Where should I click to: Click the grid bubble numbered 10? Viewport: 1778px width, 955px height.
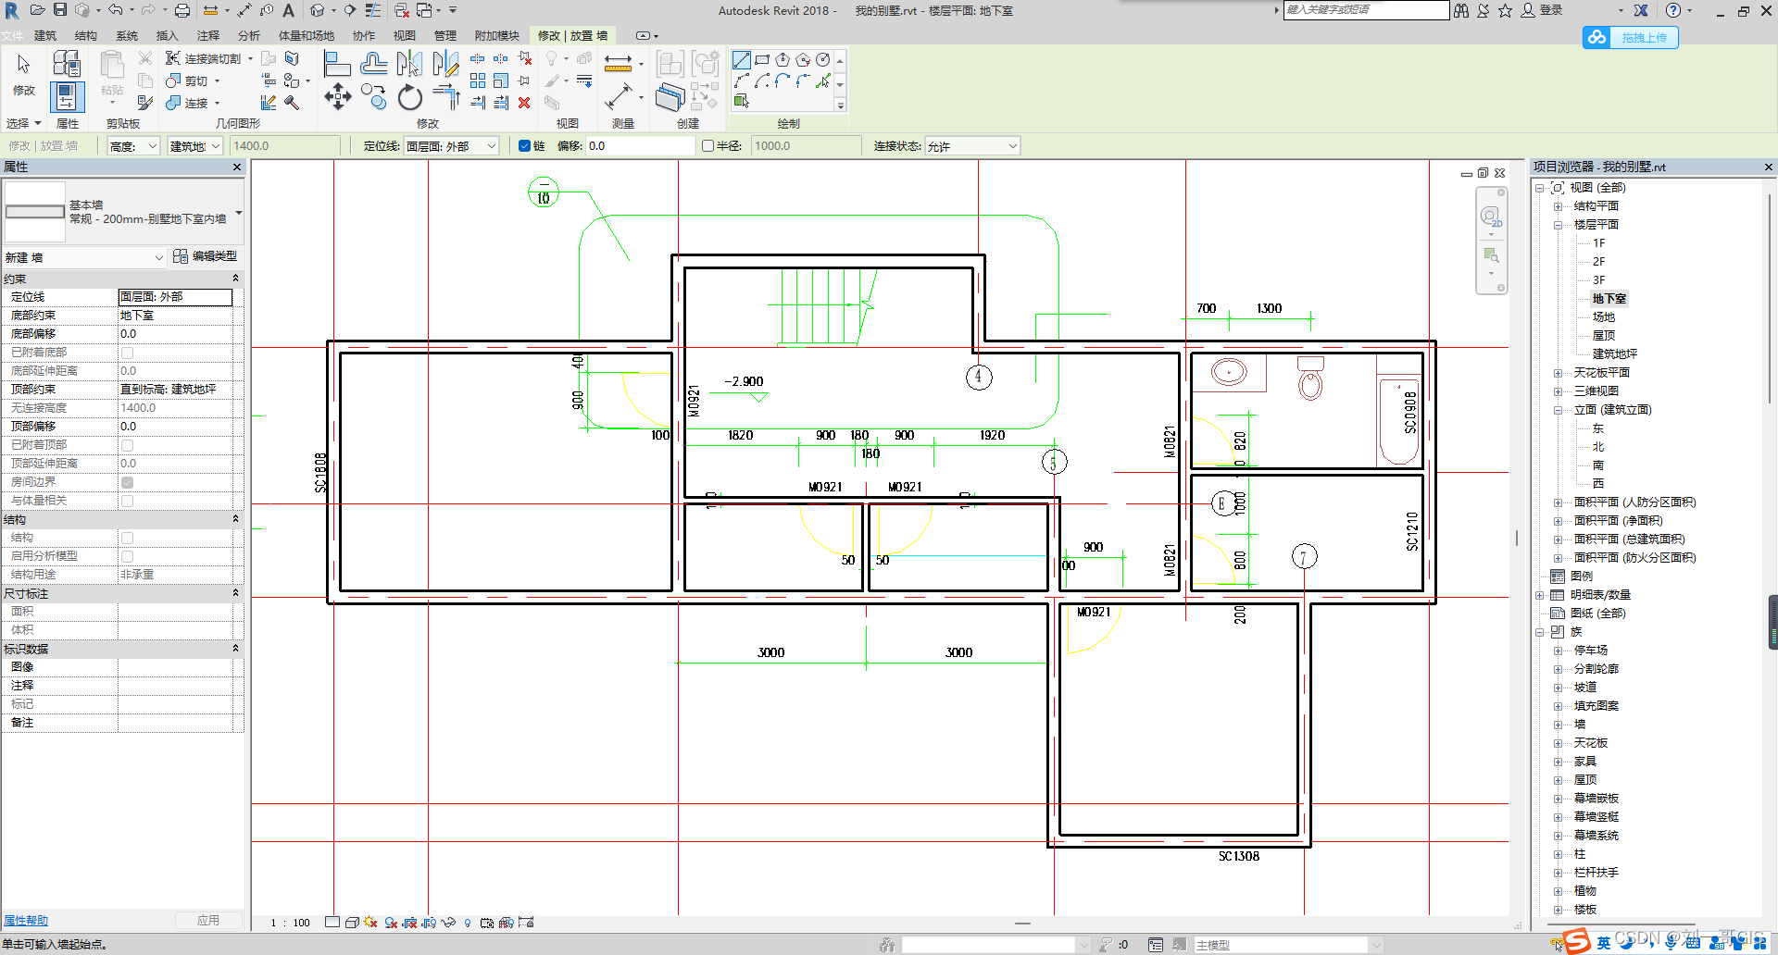pos(544,194)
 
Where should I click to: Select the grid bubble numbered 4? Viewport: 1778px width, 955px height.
pos(979,377)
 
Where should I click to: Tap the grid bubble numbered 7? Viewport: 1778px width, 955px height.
pos(1304,556)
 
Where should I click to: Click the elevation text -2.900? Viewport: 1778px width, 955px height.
pos(744,381)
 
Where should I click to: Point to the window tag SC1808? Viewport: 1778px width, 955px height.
pos(320,472)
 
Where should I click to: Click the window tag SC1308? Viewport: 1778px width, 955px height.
pos(1238,856)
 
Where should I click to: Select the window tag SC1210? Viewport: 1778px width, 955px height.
pos(1411,531)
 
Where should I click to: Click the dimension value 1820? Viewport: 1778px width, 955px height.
pos(740,435)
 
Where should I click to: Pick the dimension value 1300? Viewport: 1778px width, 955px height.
pos(1269,308)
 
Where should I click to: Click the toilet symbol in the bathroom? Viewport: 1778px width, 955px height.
pos(1310,379)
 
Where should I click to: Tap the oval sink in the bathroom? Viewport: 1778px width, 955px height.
pos(1229,372)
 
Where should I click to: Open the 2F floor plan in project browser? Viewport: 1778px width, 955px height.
pos(1598,262)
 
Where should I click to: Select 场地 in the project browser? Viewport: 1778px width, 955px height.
pos(1603,317)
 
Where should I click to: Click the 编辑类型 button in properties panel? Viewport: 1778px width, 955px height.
pos(206,256)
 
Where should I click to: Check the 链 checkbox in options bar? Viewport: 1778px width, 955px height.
pos(524,146)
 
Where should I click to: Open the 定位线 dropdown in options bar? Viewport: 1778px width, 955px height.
pos(452,146)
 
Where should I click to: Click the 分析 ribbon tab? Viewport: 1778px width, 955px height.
pos(248,35)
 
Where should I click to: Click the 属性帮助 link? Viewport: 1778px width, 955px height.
pos(26,921)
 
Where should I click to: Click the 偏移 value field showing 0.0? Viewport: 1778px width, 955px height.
pos(639,146)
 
